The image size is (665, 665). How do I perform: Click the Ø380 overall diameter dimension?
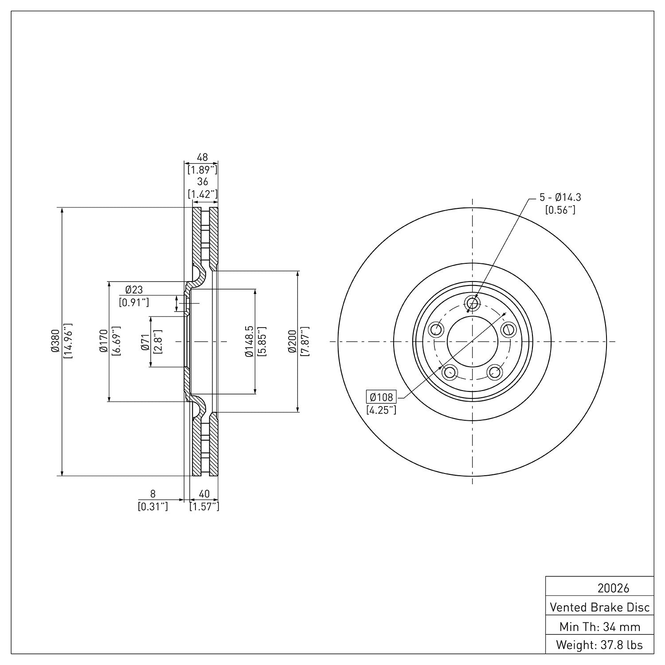coord(55,341)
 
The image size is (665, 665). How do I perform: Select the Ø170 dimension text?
coord(103,341)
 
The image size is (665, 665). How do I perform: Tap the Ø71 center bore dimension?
coord(145,341)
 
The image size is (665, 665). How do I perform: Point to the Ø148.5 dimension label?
coord(249,341)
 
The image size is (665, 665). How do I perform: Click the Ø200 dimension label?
coord(291,341)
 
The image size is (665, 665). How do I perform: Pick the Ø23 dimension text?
coord(134,290)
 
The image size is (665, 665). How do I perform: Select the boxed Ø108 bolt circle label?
coord(381,397)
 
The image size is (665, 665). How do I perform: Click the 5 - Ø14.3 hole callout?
coord(559,197)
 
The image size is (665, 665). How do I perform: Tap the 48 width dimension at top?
coord(202,157)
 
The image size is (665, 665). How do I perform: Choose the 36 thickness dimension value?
coord(202,182)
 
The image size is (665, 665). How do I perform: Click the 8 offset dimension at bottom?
coord(153,494)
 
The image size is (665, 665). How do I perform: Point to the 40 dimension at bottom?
coord(204,494)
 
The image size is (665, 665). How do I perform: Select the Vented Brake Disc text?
coord(599,607)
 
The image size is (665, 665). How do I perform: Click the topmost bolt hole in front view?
coord(473,303)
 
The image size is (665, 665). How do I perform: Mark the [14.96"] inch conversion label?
coord(68,341)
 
